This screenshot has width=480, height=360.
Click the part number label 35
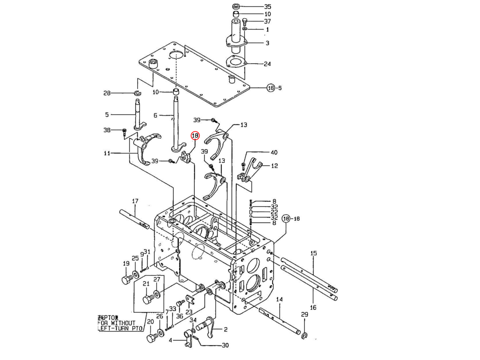pos(267,7)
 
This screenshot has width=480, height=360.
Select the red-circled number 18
pos(195,136)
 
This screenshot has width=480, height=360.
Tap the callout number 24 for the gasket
pos(267,64)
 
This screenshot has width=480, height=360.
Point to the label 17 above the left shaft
pos(135,201)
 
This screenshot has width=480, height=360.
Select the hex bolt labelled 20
pos(151,338)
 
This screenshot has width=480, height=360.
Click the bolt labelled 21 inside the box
pos(147,299)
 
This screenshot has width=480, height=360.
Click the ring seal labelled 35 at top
pos(236,7)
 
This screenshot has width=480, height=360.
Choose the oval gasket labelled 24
pos(235,62)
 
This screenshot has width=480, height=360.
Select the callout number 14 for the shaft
pos(279,299)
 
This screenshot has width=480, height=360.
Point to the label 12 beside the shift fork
pos(274,166)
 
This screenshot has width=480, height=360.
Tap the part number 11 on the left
pos(107,153)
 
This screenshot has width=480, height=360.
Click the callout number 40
pos(274,152)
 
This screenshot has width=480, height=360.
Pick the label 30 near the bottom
pos(225,346)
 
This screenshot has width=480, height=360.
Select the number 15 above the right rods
pos(313,253)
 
